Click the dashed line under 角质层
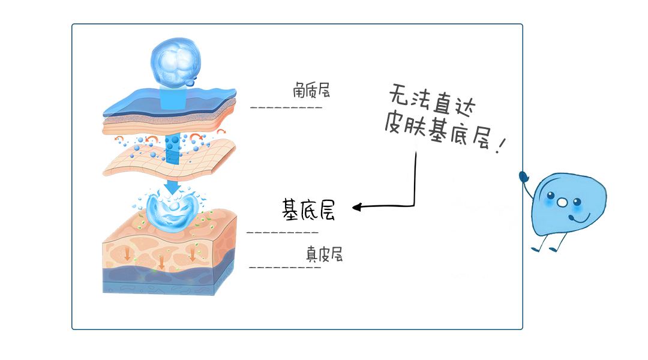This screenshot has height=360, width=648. click(x=286, y=108)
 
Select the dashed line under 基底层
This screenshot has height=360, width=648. click(x=283, y=232)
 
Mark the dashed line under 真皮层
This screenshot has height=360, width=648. click(x=284, y=266)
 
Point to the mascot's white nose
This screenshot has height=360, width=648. click(x=562, y=203)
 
